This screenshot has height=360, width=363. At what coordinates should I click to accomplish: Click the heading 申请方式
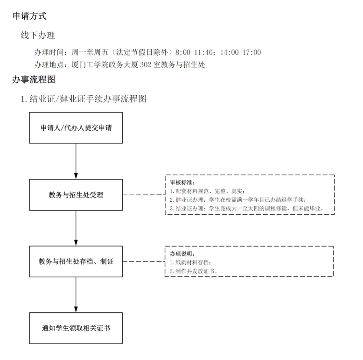(x=30, y=16)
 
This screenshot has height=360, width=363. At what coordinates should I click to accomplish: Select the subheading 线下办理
(x=38, y=35)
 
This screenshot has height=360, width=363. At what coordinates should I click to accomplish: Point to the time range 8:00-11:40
(x=194, y=52)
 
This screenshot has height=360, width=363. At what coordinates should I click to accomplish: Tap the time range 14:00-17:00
(x=241, y=52)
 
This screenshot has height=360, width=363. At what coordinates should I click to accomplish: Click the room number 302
(x=146, y=64)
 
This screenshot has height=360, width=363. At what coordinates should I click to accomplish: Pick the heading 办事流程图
(x=34, y=79)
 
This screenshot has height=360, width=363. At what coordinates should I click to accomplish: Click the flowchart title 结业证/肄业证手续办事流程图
(x=88, y=99)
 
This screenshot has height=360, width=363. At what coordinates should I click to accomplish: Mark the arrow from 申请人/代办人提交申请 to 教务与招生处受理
(x=76, y=161)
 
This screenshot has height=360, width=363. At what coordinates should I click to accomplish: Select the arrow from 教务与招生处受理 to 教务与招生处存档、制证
(x=76, y=228)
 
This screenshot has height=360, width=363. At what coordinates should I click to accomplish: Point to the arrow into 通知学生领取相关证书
(x=76, y=295)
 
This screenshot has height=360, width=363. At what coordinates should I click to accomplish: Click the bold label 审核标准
(x=182, y=183)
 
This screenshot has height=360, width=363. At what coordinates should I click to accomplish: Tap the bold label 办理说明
(x=182, y=254)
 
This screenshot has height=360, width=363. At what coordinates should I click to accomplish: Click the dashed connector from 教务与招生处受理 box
(x=144, y=195)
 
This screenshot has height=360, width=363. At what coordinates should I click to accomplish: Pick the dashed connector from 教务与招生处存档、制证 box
(x=144, y=261)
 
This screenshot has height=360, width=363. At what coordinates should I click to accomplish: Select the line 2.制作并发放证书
(x=194, y=271)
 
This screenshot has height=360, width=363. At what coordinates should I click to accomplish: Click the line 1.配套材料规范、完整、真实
(x=207, y=191)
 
